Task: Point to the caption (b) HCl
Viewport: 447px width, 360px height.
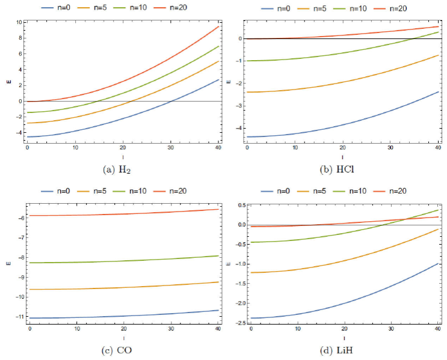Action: (341, 171)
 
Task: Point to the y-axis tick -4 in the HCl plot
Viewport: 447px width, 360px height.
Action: (239, 128)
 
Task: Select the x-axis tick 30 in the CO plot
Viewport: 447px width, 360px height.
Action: (171, 329)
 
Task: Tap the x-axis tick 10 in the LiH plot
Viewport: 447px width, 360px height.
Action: (298, 329)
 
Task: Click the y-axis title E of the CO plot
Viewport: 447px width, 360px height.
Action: (8, 263)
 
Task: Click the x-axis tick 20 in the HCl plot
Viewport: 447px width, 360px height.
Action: (342, 148)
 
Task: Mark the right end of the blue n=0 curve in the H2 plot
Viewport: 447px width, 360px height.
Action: (218, 79)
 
